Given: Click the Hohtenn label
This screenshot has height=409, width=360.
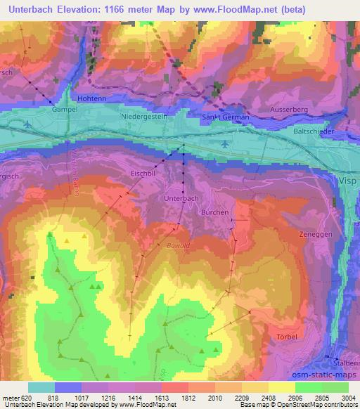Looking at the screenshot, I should click(91, 99).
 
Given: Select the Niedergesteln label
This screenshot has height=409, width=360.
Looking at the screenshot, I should click(143, 118).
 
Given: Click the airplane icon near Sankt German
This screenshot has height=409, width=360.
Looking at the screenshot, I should click(224, 143).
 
